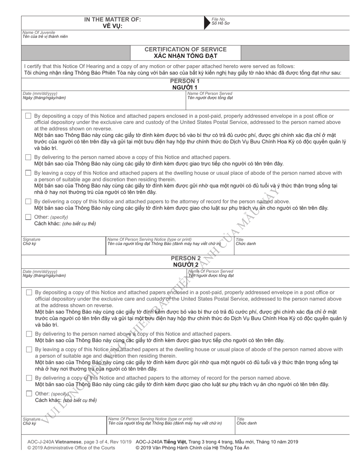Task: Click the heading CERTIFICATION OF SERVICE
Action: [185, 49]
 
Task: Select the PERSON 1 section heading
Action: [185, 81]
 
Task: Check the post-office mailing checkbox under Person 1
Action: [28, 116]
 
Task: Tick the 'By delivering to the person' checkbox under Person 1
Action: [28, 157]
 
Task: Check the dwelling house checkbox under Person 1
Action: [28, 173]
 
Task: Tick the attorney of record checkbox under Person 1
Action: [28, 202]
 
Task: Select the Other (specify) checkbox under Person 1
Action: [28, 217]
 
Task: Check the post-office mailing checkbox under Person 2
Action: [29, 292]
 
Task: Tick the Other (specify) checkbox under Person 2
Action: [29, 394]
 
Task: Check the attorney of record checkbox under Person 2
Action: [29, 378]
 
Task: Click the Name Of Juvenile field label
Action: [39, 33]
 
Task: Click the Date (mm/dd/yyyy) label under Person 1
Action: [40, 93]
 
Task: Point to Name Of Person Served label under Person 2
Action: [211, 271]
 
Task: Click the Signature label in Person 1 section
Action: [31, 239]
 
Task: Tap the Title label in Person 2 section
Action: [240, 419]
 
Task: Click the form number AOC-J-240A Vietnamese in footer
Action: [55, 442]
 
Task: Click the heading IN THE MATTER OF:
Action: [113, 19]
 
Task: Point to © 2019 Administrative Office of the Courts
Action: [71, 448]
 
